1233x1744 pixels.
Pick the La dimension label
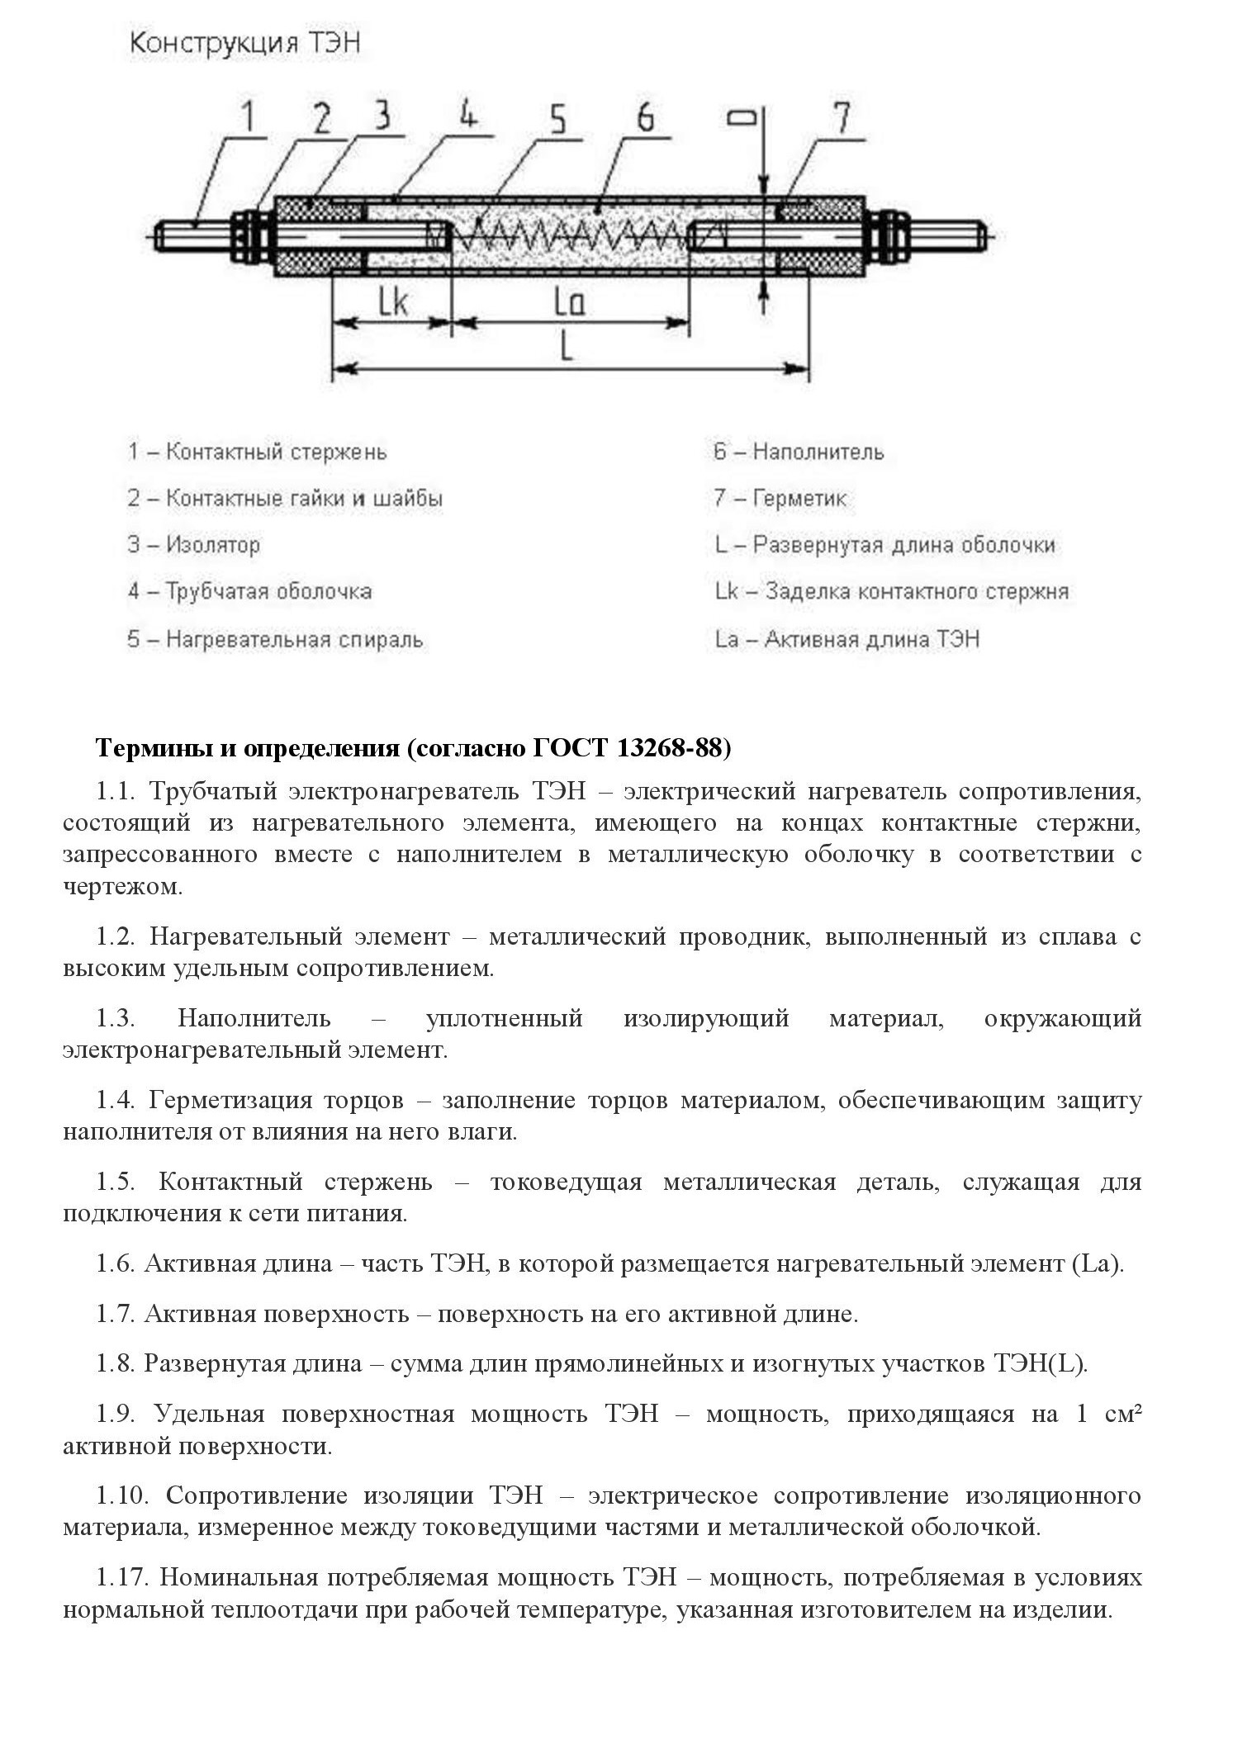click(569, 303)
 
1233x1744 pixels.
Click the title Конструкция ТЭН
click(244, 44)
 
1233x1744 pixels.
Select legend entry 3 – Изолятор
click(193, 545)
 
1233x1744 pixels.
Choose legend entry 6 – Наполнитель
click(799, 452)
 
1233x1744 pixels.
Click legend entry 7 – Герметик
click(780, 499)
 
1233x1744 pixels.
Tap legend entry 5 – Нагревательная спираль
click(275, 639)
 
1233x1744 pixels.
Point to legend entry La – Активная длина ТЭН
click(847, 639)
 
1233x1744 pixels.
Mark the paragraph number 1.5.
click(116, 1182)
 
